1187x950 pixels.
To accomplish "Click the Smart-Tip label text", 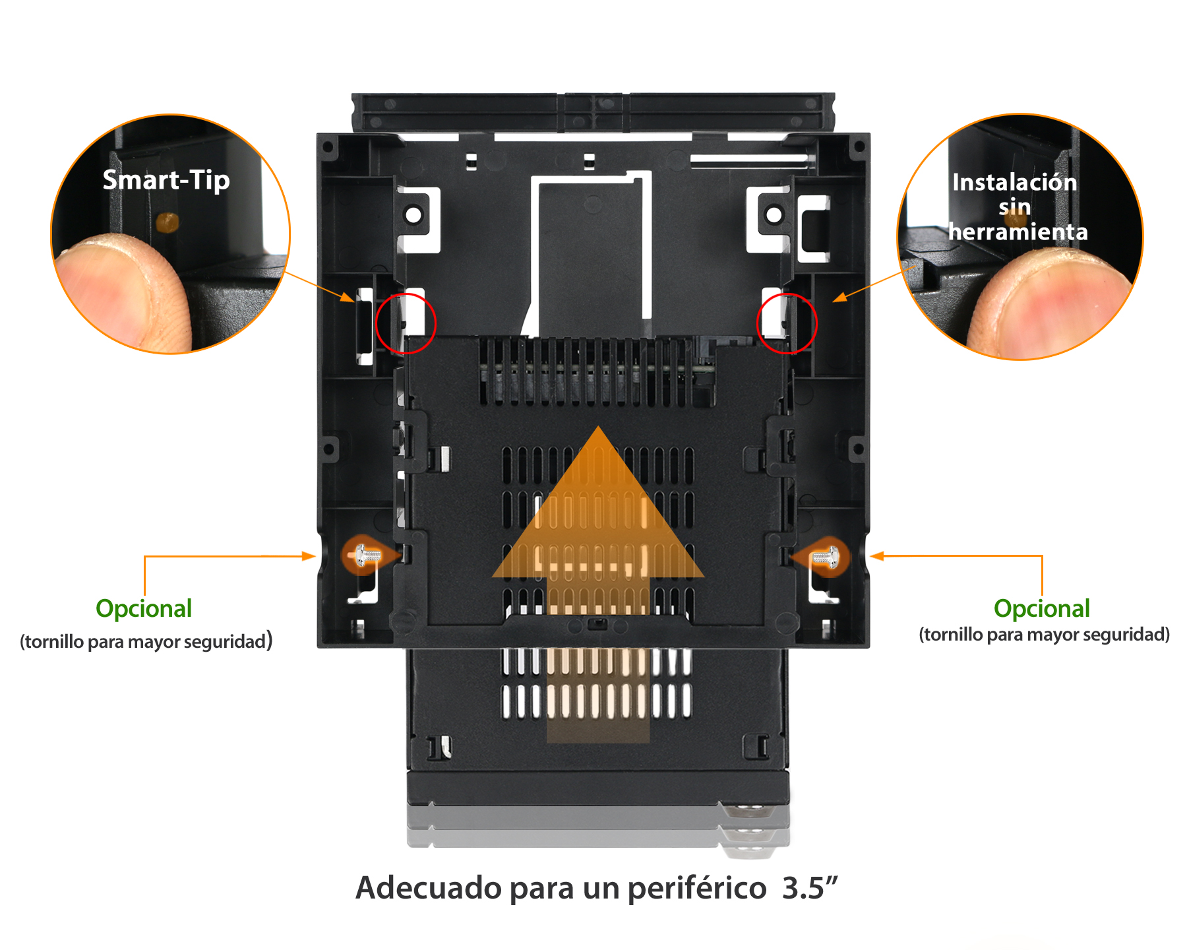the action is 166,180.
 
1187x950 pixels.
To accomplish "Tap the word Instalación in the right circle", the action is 1014,182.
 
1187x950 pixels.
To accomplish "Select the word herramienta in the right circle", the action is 1018,232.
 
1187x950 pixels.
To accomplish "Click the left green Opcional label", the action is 144,608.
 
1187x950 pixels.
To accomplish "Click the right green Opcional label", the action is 1042,608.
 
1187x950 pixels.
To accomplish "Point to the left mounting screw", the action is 366,555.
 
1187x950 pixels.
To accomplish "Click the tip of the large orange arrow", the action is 598,426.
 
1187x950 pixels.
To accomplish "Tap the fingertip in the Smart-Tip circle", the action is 122,290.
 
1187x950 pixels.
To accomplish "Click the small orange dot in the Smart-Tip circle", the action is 167,222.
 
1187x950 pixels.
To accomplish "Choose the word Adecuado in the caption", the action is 429,888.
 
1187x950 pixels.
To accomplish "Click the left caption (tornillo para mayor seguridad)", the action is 146,641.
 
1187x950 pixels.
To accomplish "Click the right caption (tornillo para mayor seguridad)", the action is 1045,635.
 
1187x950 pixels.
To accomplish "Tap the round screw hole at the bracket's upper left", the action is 413,215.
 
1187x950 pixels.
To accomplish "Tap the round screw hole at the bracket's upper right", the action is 774,214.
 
